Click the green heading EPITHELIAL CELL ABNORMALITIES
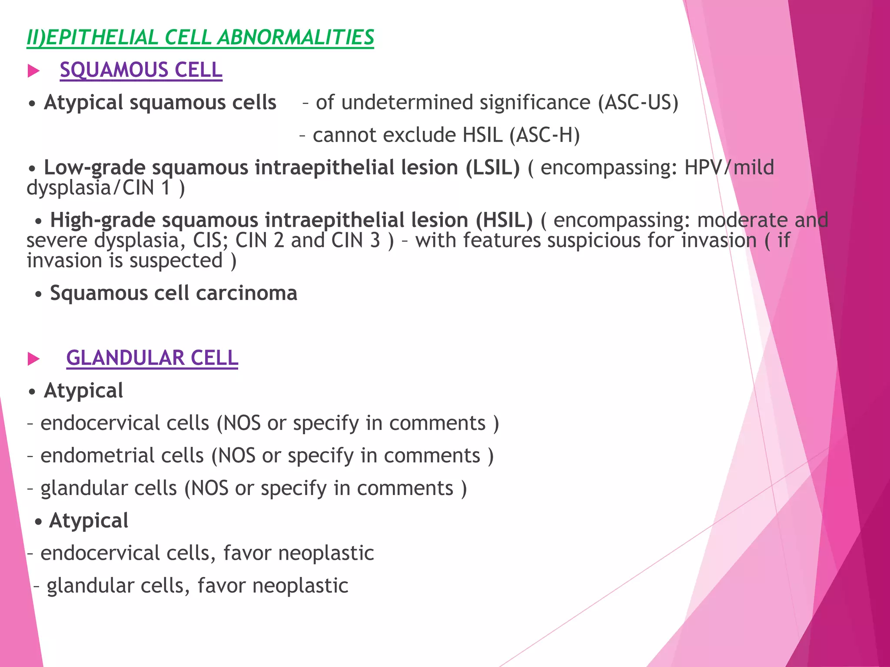click(200, 37)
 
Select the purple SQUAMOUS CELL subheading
click(141, 70)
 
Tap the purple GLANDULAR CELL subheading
click(152, 358)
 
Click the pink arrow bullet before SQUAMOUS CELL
click(33, 71)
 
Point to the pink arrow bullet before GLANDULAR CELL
click(33, 359)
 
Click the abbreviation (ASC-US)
click(638, 103)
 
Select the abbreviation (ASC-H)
click(545, 135)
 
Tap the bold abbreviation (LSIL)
click(492, 168)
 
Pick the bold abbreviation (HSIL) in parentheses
click(504, 220)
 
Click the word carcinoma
click(247, 293)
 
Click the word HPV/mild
click(729, 168)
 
